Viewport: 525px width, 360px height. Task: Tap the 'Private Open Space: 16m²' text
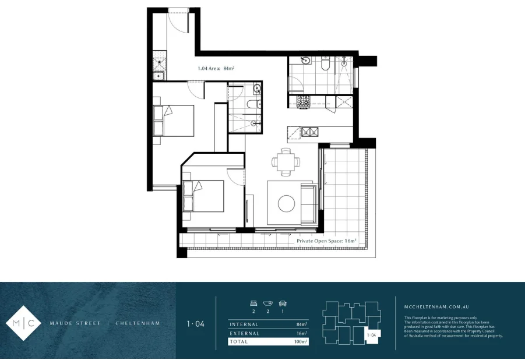click(x=326, y=240)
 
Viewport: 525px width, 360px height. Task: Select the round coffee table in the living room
click(x=286, y=203)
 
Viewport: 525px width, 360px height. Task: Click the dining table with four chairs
click(x=286, y=161)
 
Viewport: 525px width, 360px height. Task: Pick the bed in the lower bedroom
click(x=203, y=196)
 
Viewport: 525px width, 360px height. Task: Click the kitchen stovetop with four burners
click(x=304, y=101)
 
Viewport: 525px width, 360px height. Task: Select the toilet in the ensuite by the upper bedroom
click(x=251, y=104)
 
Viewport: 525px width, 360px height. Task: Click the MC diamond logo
click(x=24, y=322)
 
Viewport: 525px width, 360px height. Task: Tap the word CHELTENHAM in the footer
click(x=138, y=323)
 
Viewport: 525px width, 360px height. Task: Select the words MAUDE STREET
click(x=75, y=323)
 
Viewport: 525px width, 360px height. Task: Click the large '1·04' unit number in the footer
click(x=195, y=323)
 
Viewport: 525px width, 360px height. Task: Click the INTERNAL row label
click(x=244, y=324)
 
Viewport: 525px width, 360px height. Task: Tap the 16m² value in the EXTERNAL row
click(x=302, y=333)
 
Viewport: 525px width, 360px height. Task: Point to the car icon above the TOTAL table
click(x=283, y=303)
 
